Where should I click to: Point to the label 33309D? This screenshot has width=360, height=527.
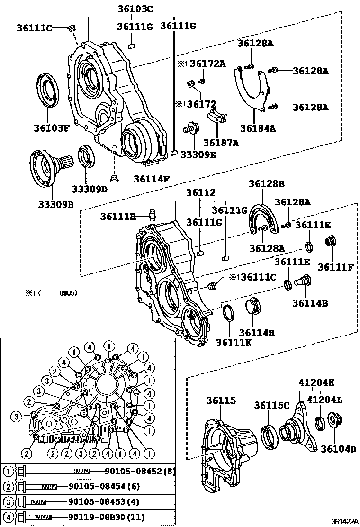click(90, 189)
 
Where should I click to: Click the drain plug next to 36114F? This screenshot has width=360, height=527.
click(113, 179)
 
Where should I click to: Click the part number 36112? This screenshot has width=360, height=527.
click(200, 193)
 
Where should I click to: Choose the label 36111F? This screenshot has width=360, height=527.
click(335, 266)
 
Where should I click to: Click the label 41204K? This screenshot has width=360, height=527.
click(316, 382)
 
